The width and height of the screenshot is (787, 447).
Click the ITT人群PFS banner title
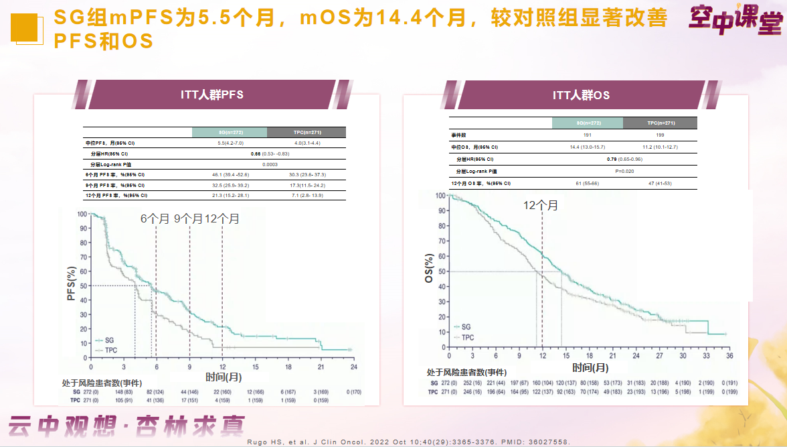(x=212, y=94)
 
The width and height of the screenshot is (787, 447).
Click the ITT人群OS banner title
(x=581, y=95)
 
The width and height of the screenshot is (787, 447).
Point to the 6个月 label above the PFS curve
(x=154, y=218)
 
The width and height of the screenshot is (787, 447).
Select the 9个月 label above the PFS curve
(x=188, y=218)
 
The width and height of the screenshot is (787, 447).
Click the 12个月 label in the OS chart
(x=541, y=205)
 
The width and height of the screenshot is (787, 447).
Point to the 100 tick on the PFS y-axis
(x=82, y=214)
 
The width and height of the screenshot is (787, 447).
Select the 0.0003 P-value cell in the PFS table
(x=270, y=164)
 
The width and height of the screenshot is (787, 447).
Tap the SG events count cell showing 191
(x=587, y=135)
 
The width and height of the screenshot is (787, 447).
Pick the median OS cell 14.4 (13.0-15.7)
(x=587, y=147)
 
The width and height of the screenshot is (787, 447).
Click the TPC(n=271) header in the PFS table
(x=307, y=132)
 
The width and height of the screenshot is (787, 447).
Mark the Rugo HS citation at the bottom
(x=474, y=442)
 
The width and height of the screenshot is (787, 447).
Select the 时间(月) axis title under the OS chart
(x=590, y=367)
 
